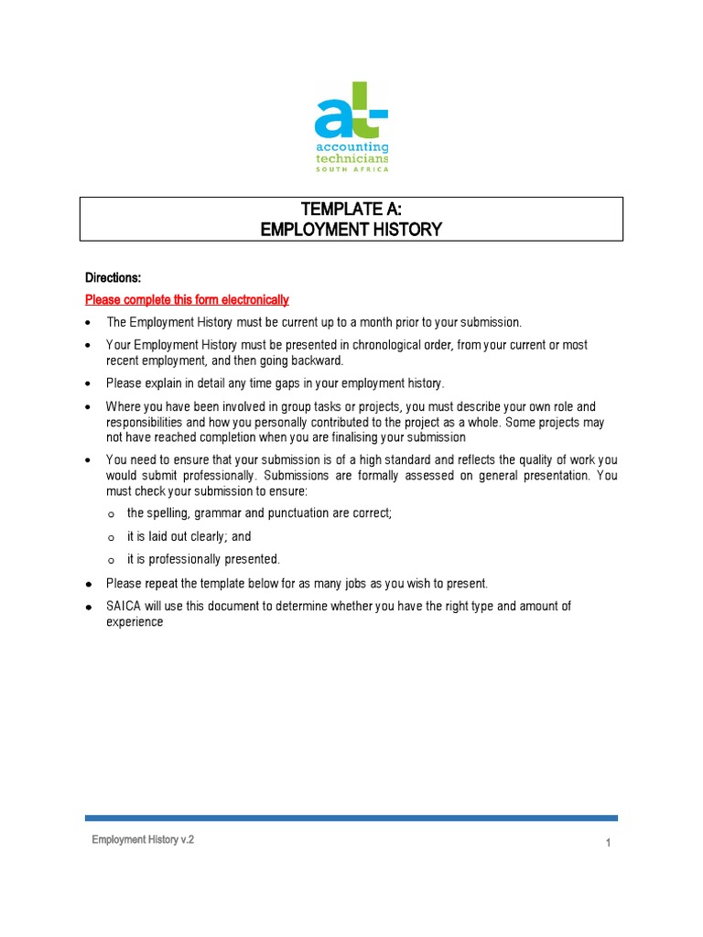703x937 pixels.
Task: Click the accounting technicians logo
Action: tap(351, 126)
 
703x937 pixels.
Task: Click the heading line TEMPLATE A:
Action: tap(351, 210)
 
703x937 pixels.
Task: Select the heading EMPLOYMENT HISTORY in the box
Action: tap(351, 230)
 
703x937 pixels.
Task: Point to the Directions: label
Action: tap(114, 278)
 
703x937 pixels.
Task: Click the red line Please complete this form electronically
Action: tap(187, 299)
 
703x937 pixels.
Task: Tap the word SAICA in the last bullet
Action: tap(123, 607)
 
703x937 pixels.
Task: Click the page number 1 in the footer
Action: tap(608, 844)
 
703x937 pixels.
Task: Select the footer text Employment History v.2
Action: tap(143, 840)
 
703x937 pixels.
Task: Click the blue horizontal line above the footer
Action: tap(351, 818)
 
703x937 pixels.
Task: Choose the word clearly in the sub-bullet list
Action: tap(202, 537)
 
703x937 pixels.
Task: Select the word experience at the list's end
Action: tap(135, 622)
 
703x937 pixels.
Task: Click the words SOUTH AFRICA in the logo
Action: tap(351, 168)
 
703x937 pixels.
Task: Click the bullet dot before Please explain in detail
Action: tap(88, 383)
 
